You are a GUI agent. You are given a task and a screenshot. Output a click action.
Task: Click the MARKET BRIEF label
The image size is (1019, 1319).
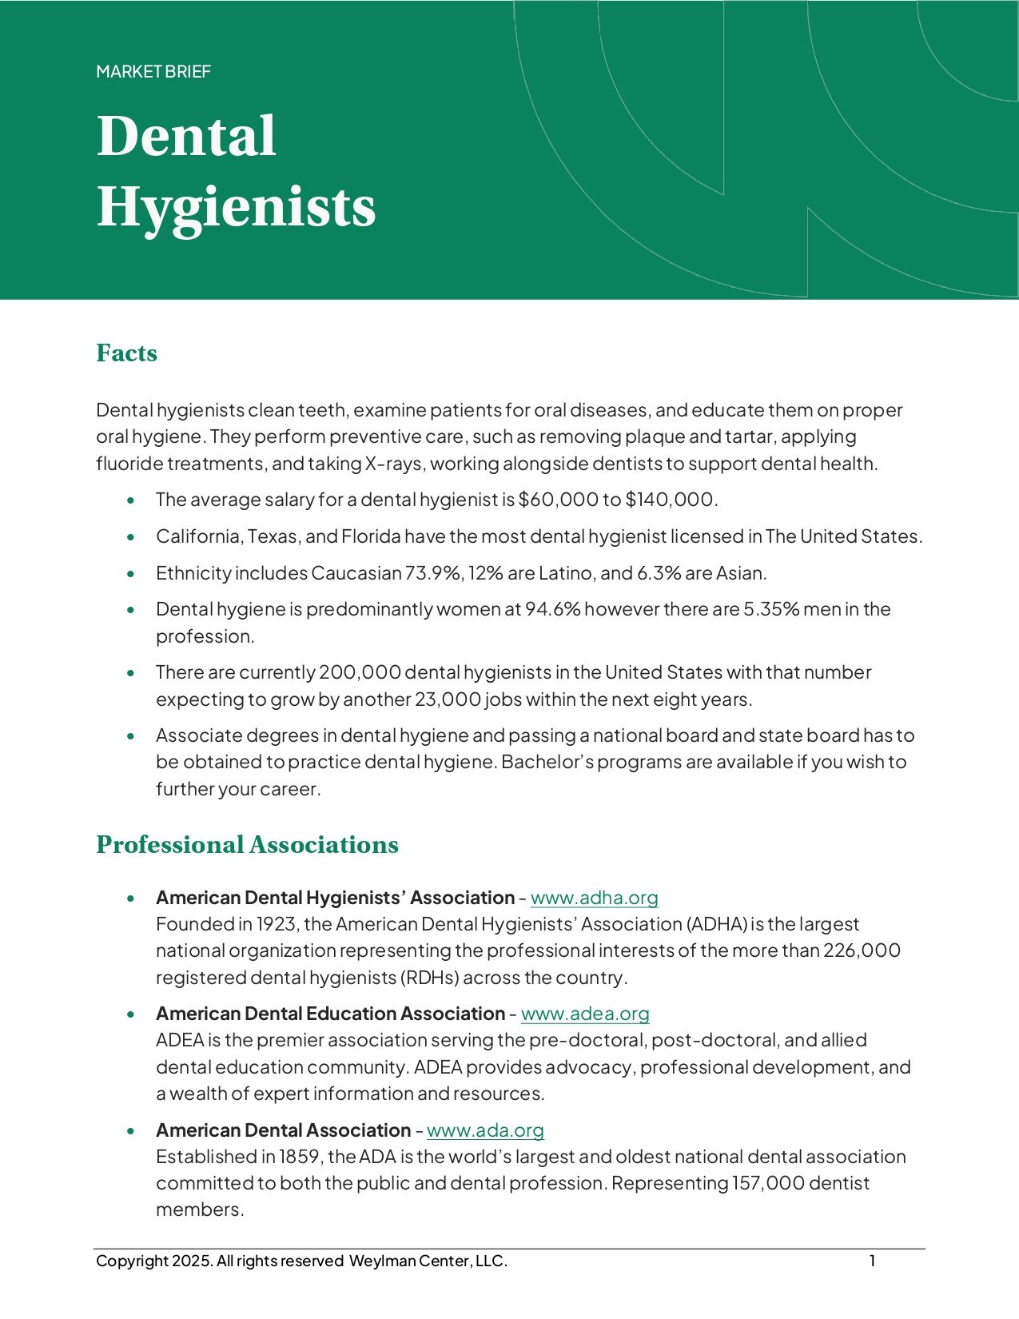point(153,72)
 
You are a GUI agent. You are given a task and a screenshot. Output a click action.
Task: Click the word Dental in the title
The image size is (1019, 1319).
point(186,136)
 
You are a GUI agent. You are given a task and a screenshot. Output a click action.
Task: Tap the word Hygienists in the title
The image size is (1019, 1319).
point(236,207)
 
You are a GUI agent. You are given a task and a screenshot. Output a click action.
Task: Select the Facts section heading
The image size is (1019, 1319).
point(126,353)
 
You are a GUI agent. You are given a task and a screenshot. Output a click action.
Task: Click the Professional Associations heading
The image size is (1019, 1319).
point(247,845)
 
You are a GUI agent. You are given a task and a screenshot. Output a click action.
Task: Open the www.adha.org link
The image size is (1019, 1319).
point(594,898)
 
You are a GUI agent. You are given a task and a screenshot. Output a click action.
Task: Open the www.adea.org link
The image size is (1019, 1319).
point(585,1014)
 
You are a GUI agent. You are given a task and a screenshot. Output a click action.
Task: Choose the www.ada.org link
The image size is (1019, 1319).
point(485,1130)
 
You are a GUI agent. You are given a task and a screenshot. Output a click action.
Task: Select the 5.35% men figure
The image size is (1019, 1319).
point(771,609)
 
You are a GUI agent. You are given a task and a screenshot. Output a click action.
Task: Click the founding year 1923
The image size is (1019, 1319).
point(277,924)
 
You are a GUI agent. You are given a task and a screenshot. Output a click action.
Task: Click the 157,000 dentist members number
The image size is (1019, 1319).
point(768,1183)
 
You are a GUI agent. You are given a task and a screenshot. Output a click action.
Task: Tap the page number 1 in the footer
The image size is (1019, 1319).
point(873,1261)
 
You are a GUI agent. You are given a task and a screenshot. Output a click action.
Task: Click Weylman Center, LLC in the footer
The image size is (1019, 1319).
point(428,1261)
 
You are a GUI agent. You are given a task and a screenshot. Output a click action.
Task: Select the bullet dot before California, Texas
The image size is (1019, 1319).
point(131,537)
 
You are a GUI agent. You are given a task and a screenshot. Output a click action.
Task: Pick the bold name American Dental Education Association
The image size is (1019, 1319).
point(330,1014)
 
